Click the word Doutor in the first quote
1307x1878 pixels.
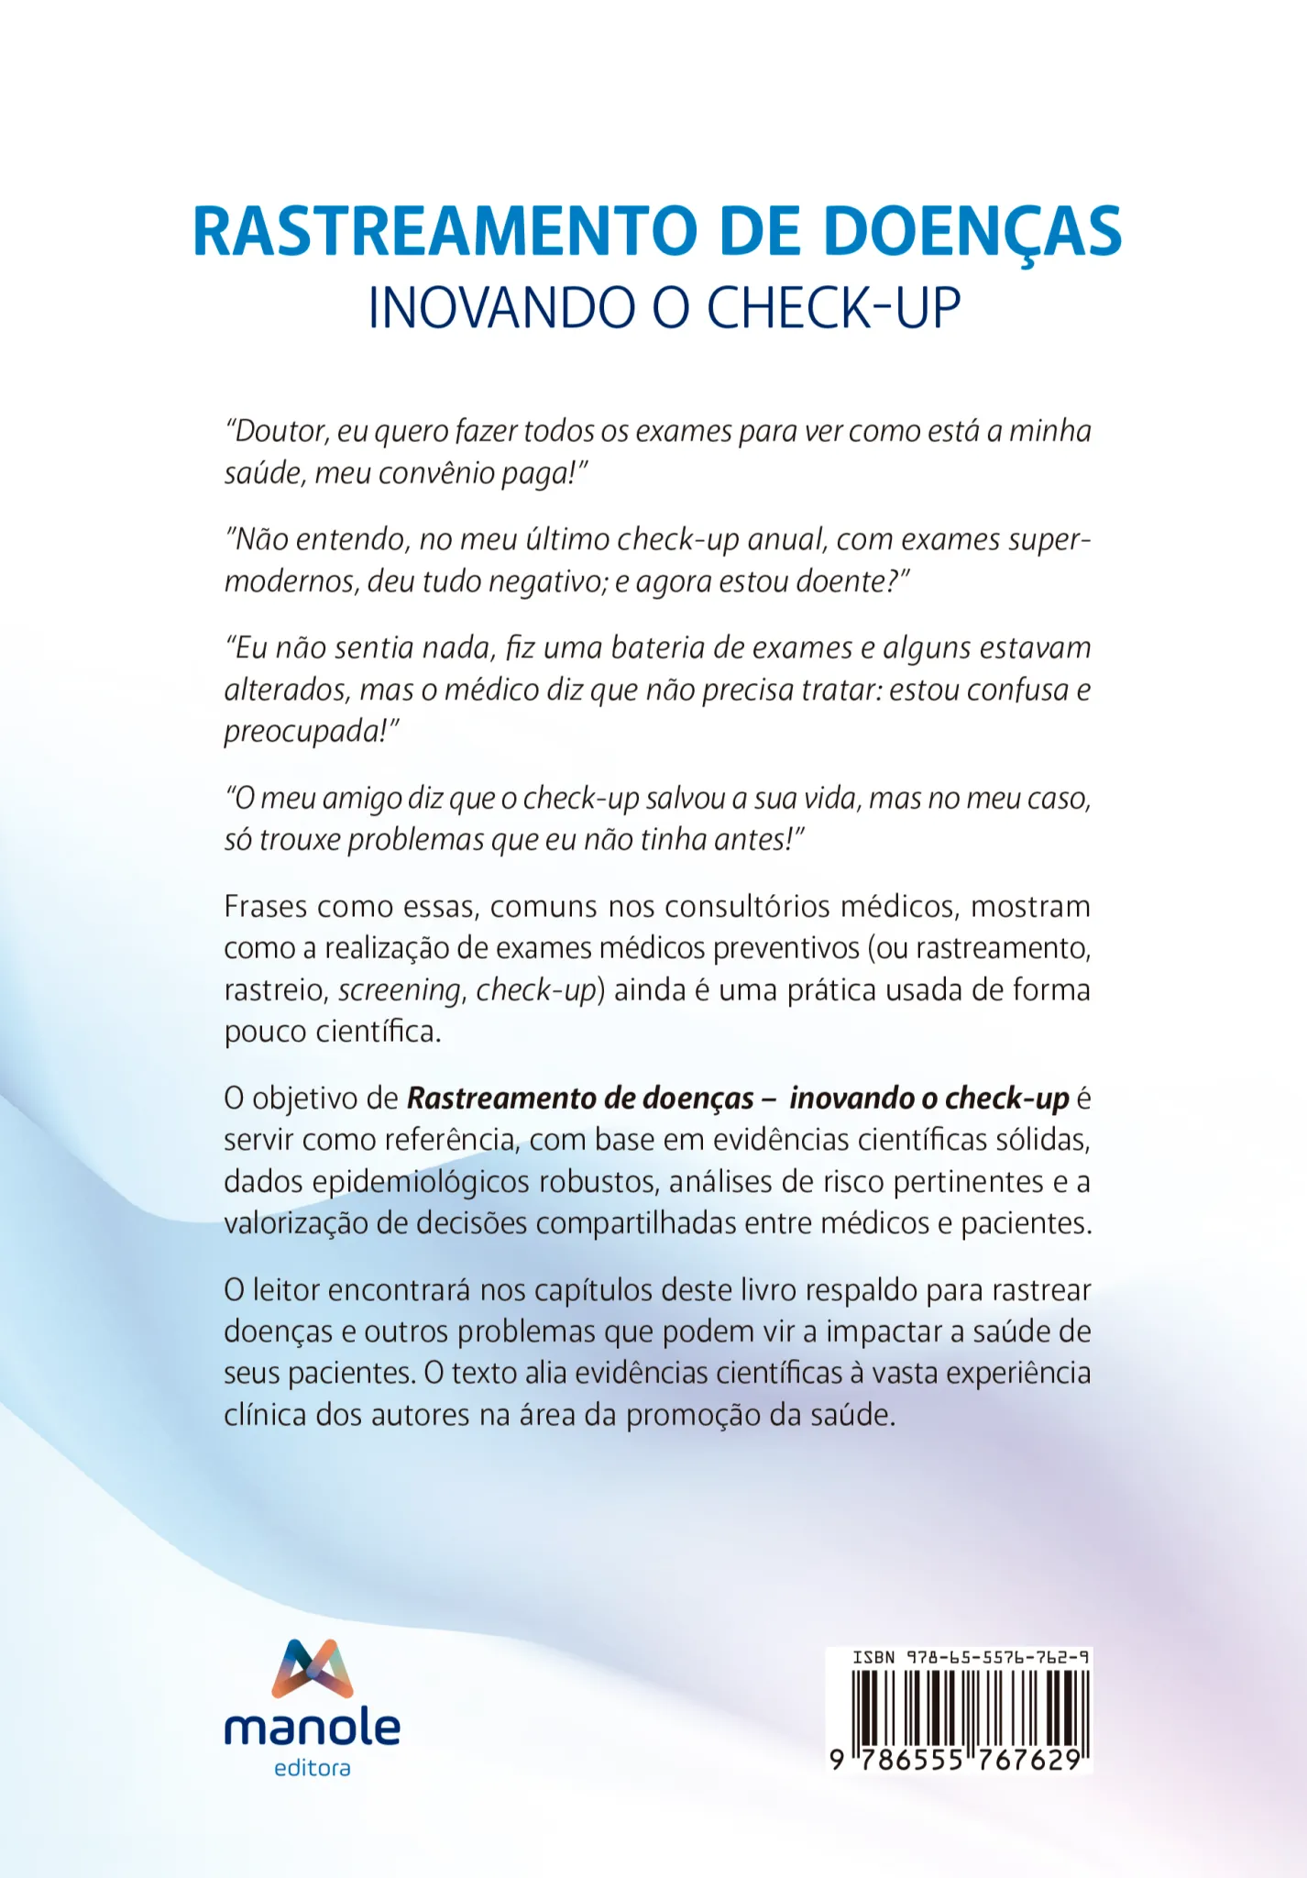[x=279, y=431]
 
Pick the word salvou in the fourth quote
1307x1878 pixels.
[x=684, y=799]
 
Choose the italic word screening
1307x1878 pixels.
[x=399, y=990]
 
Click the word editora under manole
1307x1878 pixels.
[x=313, y=1769]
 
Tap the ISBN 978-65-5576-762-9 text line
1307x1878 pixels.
[x=971, y=1658]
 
